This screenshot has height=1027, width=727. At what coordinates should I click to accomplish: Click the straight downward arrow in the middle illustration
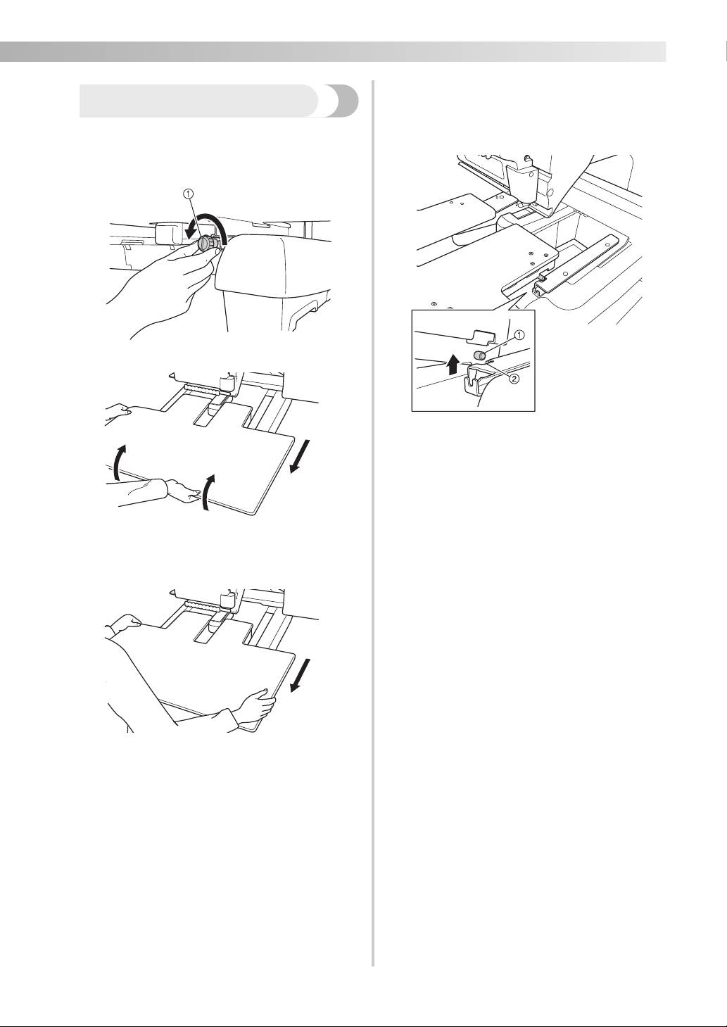301,457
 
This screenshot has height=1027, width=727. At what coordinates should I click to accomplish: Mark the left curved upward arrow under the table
119,462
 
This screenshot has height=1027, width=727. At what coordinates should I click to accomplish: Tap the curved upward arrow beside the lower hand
208,493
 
